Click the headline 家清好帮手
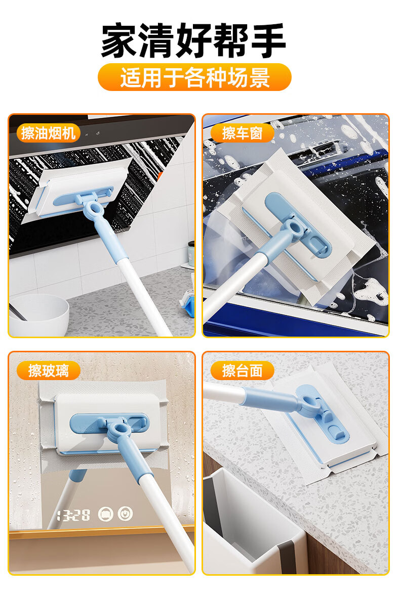[x=193, y=40]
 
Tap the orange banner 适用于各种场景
[x=194, y=77]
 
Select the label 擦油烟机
[x=48, y=133]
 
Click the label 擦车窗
[x=243, y=133]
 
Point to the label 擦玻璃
[x=48, y=371]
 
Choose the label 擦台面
[x=243, y=371]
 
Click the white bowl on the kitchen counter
[x=38, y=315]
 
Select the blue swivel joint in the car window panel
[x=296, y=228]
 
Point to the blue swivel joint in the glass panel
[x=117, y=430]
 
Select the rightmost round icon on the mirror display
[x=125, y=514]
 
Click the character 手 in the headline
[x=268, y=40]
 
